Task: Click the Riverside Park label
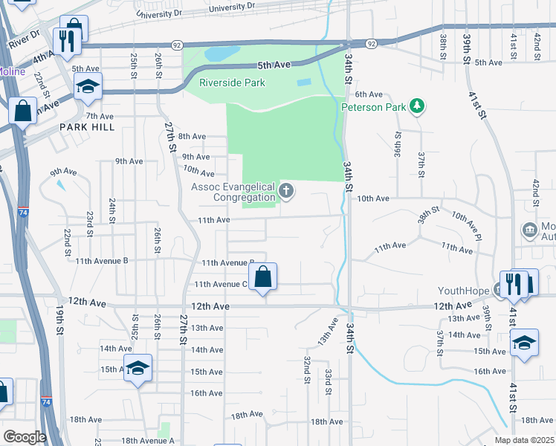point(232,83)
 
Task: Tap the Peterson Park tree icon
point(418,106)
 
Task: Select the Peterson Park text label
point(374,107)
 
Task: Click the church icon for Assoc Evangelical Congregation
point(285,193)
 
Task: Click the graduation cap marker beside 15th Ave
point(138,368)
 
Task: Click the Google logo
point(25,437)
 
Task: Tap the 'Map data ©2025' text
point(523,440)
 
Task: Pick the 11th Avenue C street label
point(221,284)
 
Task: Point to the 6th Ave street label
point(368,94)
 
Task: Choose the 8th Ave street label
point(191,136)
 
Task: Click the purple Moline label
point(11,72)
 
